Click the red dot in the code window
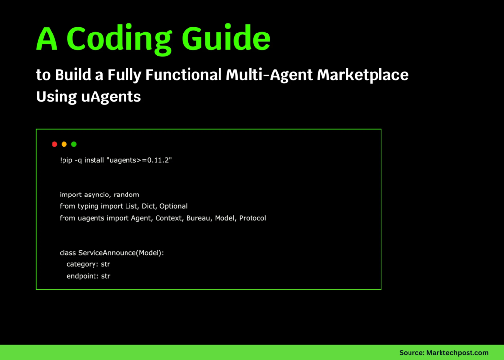[55, 144]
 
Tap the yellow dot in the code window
[64, 144]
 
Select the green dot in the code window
[74, 144]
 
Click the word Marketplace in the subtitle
[362, 75]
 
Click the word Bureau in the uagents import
[198, 218]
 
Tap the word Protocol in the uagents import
[252, 218]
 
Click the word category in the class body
[82, 264]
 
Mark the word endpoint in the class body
[82, 276]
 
